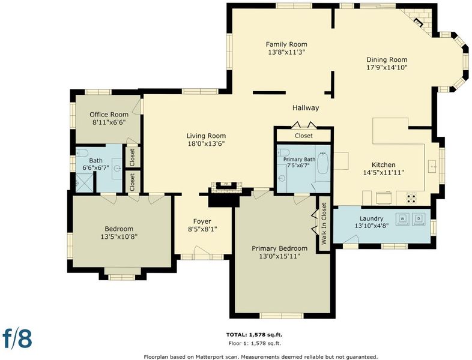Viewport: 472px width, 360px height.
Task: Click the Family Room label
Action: click(286, 44)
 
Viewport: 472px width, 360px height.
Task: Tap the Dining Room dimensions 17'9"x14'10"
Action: click(387, 67)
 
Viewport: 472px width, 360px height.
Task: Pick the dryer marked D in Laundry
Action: click(419, 218)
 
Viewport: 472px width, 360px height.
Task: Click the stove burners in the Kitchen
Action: click(411, 198)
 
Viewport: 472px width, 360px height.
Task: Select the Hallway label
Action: click(306, 107)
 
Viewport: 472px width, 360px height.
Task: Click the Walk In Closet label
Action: click(324, 223)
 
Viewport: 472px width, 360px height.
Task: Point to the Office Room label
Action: click(109, 115)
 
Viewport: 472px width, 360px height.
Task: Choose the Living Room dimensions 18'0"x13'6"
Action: click(206, 144)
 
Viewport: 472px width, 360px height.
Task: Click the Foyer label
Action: click(202, 221)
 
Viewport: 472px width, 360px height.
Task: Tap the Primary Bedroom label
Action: click(280, 248)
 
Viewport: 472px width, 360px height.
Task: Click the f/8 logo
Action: click(17, 338)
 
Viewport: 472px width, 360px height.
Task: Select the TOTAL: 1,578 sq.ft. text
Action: click(255, 334)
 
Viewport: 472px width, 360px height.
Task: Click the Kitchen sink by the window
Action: click(432, 166)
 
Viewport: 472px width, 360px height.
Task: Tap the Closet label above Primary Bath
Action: click(304, 136)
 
